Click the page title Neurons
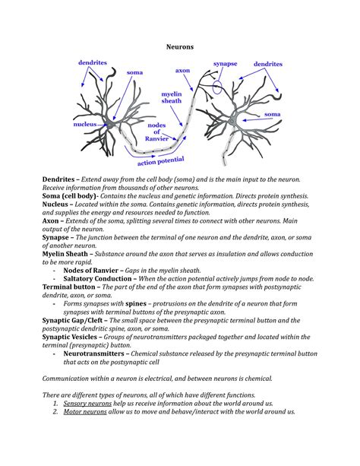180,46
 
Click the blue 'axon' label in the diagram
182,71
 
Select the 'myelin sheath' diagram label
172,97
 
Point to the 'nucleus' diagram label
85,124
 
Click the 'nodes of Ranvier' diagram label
156,132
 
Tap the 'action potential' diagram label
161,161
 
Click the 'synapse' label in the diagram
225,64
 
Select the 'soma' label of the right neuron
273,114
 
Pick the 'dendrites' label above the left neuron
93,62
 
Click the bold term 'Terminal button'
68,287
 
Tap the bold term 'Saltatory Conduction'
97,279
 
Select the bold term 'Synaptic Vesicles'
70,337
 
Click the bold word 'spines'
136,304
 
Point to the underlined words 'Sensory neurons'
87,404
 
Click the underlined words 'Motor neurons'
85,411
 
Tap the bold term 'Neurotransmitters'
93,353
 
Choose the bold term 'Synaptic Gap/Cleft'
72,320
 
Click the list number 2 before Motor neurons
55,411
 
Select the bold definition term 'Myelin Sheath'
65,254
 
